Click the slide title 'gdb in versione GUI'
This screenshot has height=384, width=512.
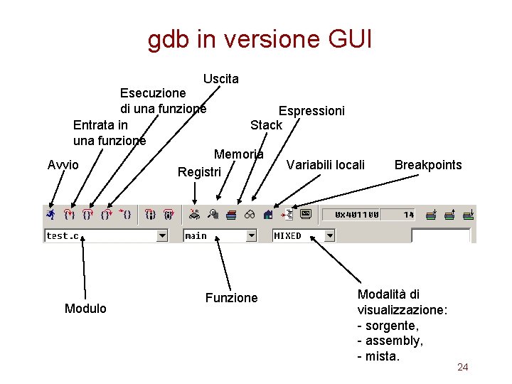(260, 40)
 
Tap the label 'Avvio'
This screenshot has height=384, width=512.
(63, 165)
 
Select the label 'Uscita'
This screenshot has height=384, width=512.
(220, 79)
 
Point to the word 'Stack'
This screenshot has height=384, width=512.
(266, 125)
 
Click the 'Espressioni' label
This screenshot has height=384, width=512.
(311, 111)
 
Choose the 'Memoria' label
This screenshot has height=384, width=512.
(239, 154)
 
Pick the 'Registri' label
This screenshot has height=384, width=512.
(200, 172)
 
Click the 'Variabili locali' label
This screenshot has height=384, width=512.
(325, 165)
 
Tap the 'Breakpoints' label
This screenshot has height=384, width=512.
(428, 165)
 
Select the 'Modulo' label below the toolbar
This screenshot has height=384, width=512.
(85, 309)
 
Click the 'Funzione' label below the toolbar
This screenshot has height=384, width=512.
(231, 298)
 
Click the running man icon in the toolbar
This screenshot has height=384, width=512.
(50, 213)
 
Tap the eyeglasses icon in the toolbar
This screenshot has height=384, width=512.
(250, 214)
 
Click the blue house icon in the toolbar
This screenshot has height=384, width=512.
(268, 213)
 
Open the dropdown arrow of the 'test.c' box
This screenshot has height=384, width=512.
(162, 235)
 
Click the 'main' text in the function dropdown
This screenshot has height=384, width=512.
(196, 235)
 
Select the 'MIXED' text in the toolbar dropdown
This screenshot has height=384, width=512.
(288, 235)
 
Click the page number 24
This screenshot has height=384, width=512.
(462, 367)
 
